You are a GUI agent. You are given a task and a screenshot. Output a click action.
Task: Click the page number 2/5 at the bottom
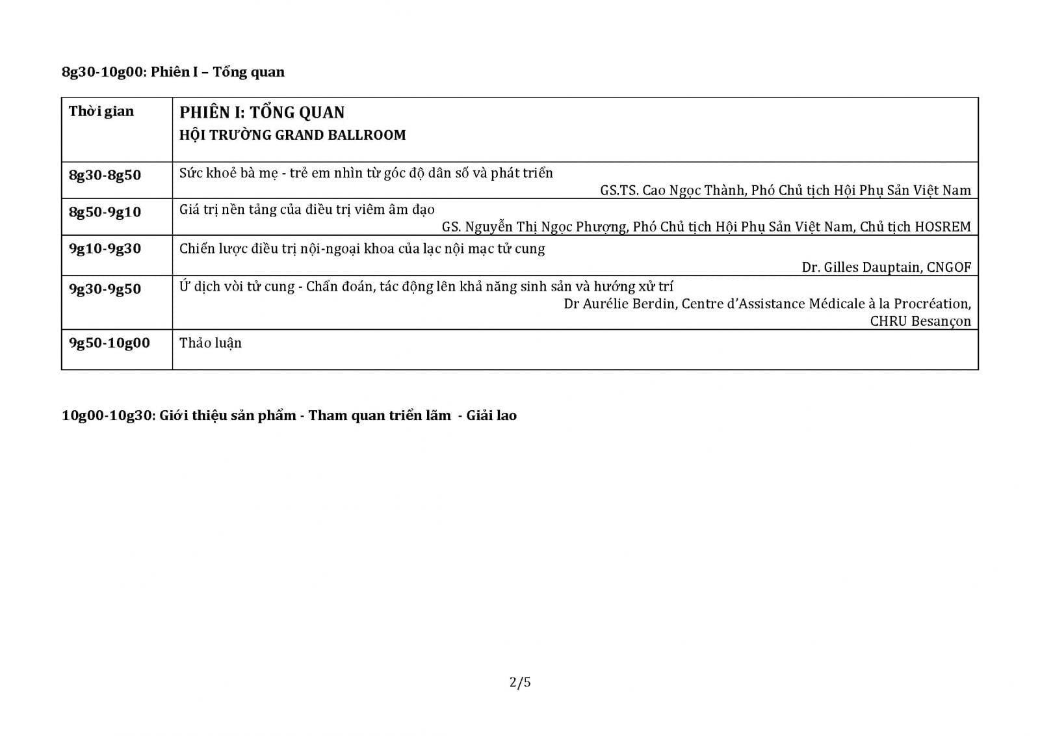pyautogui.click(x=520, y=682)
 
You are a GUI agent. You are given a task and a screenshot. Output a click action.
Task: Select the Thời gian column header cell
pyautogui.click(x=101, y=111)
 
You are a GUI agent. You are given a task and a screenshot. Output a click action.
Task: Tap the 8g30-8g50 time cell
pyautogui.click(x=105, y=175)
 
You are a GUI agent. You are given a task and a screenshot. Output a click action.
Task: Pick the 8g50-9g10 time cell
pyautogui.click(x=105, y=212)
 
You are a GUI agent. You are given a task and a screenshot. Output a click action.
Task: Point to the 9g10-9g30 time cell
pyautogui.click(x=105, y=248)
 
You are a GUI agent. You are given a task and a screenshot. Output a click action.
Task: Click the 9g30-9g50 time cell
pyautogui.click(x=105, y=289)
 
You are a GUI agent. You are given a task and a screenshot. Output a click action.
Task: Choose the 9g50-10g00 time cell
pyautogui.click(x=109, y=343)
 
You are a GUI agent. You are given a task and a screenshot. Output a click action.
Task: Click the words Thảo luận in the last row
pyautogui.click(x=211, y=343)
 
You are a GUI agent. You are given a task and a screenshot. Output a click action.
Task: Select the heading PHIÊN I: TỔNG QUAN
pyautogui.click(x=262, y=112)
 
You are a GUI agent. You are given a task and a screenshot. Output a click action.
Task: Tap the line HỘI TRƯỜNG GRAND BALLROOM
pyautogui.click(x=292, y=135)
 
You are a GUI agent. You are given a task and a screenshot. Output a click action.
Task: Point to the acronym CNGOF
pyautogui.click(x=949, y=267)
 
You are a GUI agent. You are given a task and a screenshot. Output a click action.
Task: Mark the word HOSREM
pyautogui.click(x=942, y=227)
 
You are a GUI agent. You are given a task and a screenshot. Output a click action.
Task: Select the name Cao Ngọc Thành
pyautogui.click(x=693, y=191)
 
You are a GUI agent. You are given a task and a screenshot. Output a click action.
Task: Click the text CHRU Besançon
pyautogui.click(x=920, y=321)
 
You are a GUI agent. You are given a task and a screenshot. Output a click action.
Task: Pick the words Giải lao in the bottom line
pyautogui.click(x=491, y=415)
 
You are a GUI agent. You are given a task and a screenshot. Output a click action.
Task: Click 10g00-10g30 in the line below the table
pyautogui.click(x=107, y=415)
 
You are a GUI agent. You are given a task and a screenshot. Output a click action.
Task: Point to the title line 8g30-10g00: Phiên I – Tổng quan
pyautogui.click(x=173, y=72)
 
